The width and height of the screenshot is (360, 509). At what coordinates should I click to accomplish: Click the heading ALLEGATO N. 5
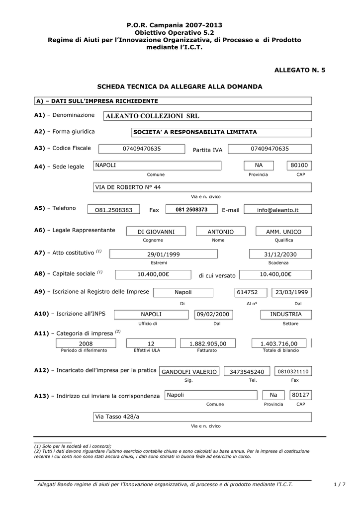click(x=300, y=71)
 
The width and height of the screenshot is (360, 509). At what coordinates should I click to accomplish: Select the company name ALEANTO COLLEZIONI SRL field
click(x=207, y=116)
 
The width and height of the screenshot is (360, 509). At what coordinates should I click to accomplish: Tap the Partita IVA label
click(x=207, y=150)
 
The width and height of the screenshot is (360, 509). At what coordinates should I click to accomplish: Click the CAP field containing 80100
click(x=299, y=165)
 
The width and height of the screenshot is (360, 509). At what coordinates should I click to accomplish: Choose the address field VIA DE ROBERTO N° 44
click(x=202, y=187)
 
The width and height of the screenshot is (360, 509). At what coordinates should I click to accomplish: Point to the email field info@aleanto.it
click(x=277, y=210)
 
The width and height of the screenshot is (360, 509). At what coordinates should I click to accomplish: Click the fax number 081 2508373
click(x=191, y=210)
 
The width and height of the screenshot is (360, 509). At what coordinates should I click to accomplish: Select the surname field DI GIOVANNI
click(x=156, y=232)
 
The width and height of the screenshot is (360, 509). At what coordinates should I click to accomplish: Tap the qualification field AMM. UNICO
click(x=283, y=232)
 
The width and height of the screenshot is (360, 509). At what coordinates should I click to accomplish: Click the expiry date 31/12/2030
click(x=280, y=254)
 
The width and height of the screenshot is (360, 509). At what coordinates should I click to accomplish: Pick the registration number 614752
click(x=247, y=292)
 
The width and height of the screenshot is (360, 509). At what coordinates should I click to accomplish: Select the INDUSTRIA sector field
click(x=285, y=315)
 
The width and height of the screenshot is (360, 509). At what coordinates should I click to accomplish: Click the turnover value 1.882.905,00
click(x=208, y=343)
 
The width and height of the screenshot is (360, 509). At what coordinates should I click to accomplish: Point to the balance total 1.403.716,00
click(x=279, y=343)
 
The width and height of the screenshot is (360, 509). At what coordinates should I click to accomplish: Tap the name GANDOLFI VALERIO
click(x=189, y=371)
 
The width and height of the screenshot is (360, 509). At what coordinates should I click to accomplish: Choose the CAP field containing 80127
click(x=301, y=395)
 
